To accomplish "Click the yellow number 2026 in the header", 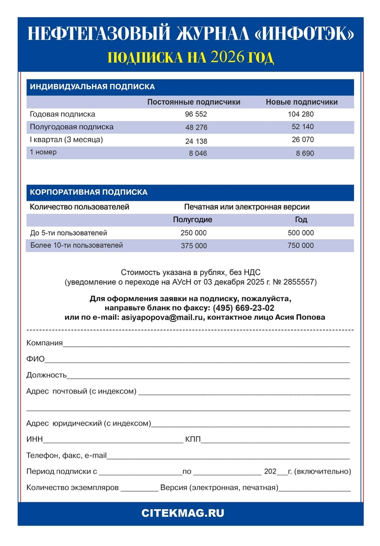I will point(227,57).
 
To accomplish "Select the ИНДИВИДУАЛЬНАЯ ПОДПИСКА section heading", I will point(92,87).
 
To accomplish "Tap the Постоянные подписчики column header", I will point(194,102).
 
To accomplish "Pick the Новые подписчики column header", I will point(301,102).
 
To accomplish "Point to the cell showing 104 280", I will point(301,114).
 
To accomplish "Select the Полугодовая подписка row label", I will point(72,127).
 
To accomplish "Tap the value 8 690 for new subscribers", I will point(305,153).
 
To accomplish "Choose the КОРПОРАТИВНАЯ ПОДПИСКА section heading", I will point(89,192).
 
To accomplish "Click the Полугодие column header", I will point(192,220).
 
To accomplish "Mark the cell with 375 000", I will point(194,246).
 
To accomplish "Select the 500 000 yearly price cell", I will point(301,233).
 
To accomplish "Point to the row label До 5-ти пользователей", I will point(68,233).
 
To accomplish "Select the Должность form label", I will point(46,375).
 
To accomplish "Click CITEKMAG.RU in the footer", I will point(190,513).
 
